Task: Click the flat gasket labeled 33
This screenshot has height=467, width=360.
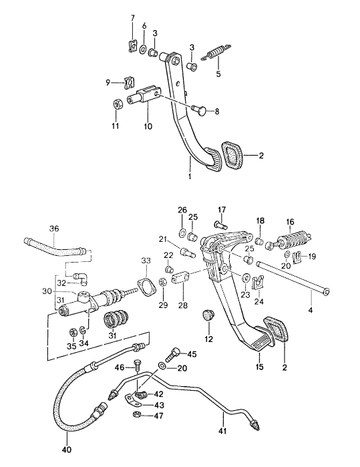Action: (x=143, y=289)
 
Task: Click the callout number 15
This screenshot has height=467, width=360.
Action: (x=260, y=366)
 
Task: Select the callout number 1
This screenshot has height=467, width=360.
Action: (x=190, y=178)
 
